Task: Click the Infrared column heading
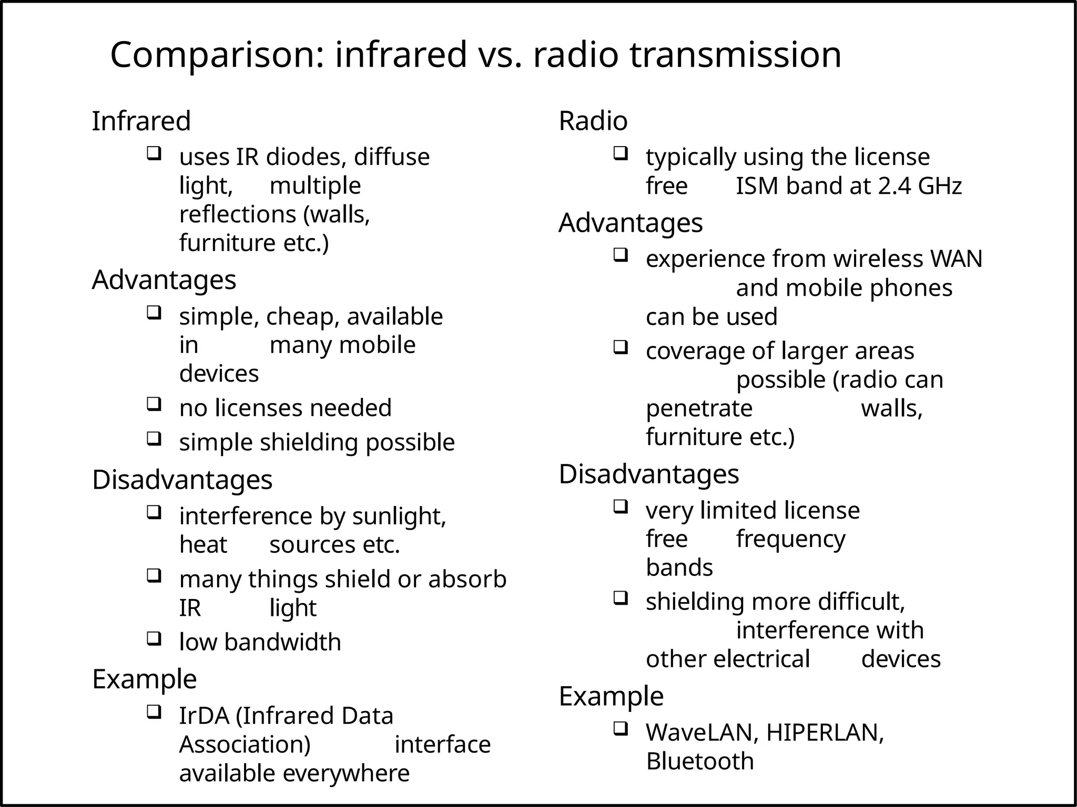point(141,121)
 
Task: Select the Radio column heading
point(593,121)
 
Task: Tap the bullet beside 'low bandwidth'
point(153,638)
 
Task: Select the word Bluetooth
point(699,761)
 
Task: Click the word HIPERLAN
point(824,732)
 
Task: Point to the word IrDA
point(204,716)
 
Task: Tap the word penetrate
point(699,408)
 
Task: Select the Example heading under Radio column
point(611,696)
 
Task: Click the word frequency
point(790,539)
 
